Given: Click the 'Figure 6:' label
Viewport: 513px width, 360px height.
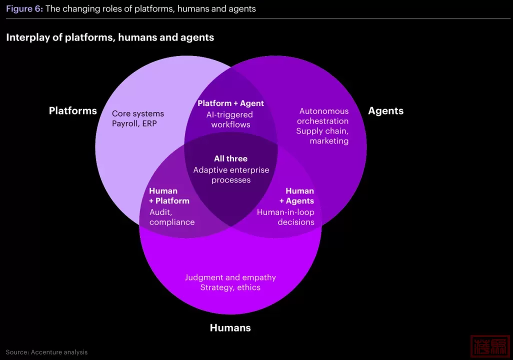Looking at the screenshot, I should click(x=24, y=8).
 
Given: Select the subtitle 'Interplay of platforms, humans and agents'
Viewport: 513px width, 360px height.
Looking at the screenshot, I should click(x=110, y=37).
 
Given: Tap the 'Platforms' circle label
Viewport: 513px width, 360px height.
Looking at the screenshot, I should click(x=73, y=110).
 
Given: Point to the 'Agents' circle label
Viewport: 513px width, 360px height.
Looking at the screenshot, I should click(x=385, y=110).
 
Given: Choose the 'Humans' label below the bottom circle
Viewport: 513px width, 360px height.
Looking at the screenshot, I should click(x=230, y=328).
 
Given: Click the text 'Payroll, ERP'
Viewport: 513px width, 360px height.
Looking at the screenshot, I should click(x=134, y=123).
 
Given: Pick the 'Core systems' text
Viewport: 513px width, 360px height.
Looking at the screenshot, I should click(x=138, y=113).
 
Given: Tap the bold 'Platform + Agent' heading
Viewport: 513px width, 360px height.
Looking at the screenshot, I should click(x=230, y=103).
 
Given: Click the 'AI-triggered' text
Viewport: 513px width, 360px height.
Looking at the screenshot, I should click(x=230, y=114).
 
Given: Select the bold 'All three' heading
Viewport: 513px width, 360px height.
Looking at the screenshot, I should click(x=230, y=158).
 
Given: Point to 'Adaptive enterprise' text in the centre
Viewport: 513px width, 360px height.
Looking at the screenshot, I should click(x=231, y=170).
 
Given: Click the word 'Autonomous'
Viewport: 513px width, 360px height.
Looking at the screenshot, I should click(x=324, y=111).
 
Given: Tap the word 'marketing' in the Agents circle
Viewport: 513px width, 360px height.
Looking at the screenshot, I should click(x=329, y=141).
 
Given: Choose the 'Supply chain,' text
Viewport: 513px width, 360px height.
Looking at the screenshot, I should click(x=322, y=131).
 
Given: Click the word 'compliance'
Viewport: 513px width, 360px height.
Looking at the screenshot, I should click(x=172, y=222).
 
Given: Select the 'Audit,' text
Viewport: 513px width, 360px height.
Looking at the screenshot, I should click(x=160, y=212).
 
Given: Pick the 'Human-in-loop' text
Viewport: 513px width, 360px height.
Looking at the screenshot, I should click(x=285, y=212).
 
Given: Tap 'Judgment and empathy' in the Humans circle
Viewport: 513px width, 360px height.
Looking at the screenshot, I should click(x=230, y=277).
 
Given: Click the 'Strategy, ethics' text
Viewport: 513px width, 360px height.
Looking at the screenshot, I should click(x=230, y=287).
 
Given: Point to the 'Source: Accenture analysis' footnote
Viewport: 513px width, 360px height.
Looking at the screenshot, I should click(x=46, y=352).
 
